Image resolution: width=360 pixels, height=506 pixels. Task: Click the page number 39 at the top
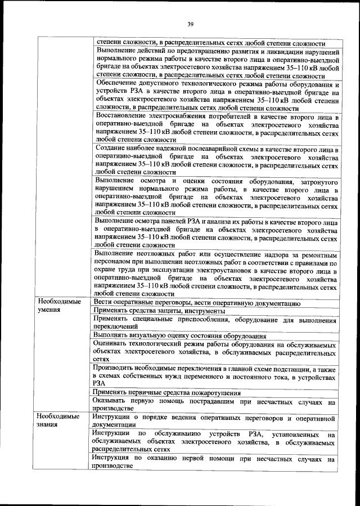pyautogui.click(x=190, y=24)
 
